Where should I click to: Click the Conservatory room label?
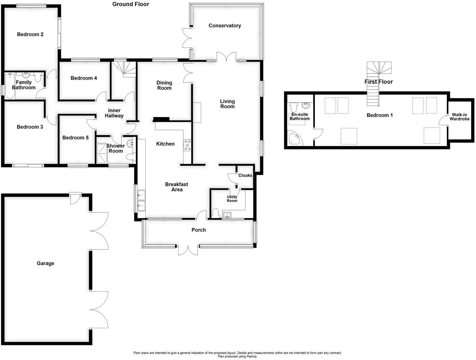point(225,26)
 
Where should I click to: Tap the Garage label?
point(45,263)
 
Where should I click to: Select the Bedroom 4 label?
point(84,78)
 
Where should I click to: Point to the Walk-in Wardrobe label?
point(459,117)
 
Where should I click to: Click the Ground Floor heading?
point(131,4)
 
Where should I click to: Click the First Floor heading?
point(379,82)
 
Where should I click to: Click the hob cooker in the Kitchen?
point(187,145)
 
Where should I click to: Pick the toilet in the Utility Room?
point(216,213)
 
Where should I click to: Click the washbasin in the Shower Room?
point(130,143)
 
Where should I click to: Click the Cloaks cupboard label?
point(245,176)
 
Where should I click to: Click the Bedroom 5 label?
point(75,138)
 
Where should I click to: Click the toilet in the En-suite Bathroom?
point(293,107)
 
